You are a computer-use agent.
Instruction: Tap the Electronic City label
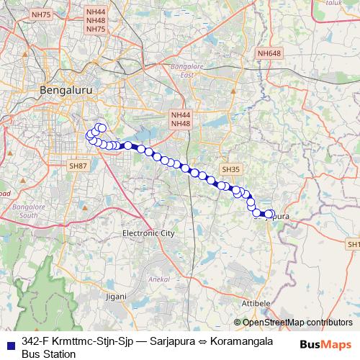point(148,233)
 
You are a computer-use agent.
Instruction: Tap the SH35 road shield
point(230,168)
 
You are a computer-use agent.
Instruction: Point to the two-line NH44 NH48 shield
point(181,120)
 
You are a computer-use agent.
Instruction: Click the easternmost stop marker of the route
point(271,214)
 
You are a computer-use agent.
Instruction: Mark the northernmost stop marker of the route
point(102,128)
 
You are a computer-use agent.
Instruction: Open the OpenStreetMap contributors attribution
point(297,323)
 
